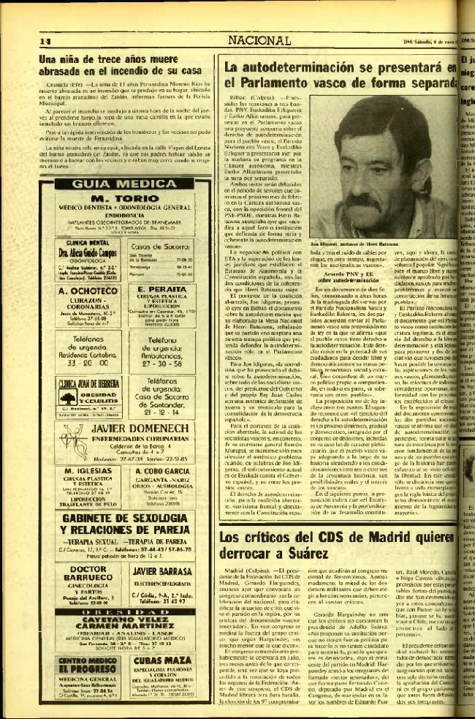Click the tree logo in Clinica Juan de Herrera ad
(68, 396)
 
